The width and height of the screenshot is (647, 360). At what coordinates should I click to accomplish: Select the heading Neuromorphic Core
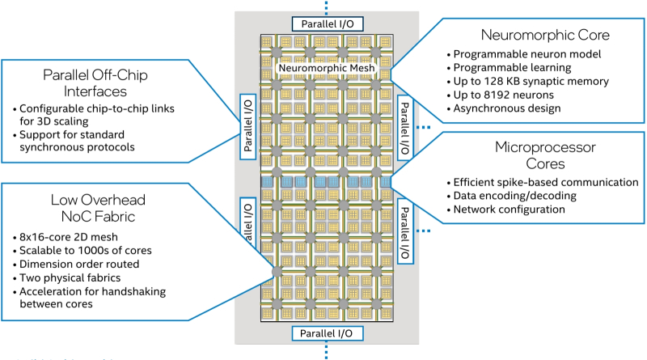pos(534,35)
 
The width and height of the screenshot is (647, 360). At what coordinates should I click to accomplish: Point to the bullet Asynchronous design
pos(508,108)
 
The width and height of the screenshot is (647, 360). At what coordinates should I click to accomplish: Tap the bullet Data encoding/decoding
pos(514,196)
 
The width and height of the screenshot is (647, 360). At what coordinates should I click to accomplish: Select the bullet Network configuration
pos(510,210)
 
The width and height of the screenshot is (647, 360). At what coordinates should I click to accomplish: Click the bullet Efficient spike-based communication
pos(547,182)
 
